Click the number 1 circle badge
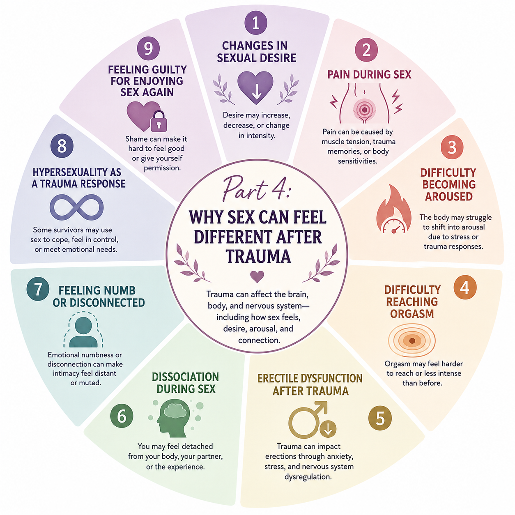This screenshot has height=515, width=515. pyautogui.click(x=256, y=23)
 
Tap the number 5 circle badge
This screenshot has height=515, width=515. pyautogui.click(x=380, y=418)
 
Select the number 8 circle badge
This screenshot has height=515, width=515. pyautogui.click(x=62, y=146)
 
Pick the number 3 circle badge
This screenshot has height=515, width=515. pyautogui.click(x=452, y=147)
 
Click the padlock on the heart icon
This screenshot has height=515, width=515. pyautogui.click(x=159, y=122)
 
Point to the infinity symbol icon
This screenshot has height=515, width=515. pyautogui.click(x=77, y=207)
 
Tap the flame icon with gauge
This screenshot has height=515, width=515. pyautogui.click(x=394, y=209)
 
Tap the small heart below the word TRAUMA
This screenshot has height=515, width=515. pyautogui.click(x=257, y=277)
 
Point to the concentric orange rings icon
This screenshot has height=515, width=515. pyautogui.click(x=412, y=340)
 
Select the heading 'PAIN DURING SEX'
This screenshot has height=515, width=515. pyautogui.click(x=369, y=75)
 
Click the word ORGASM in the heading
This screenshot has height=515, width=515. pyautogui.click(x=412, y=314)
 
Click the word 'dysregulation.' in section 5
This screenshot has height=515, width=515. pyautogui.click(x=308, y=476)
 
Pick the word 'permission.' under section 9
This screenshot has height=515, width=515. pyautogui.click(x=162, y=168)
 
